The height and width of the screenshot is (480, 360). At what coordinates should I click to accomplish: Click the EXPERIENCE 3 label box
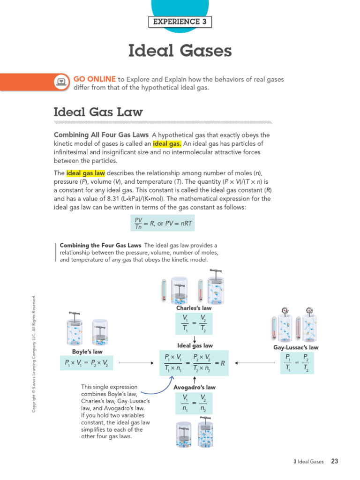click(180, 22)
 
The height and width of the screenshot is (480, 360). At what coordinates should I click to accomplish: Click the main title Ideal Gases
click(180, 51)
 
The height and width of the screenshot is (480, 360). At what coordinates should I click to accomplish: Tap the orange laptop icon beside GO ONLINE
click(61, 82)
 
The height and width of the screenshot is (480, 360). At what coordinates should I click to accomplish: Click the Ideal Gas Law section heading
click(98, 112)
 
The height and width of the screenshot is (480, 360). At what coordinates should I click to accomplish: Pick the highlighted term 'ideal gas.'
click(167, 143)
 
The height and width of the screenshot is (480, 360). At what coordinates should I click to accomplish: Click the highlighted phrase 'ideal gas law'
click(86, 173)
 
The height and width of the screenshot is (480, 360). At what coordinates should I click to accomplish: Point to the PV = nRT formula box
click(162, 223)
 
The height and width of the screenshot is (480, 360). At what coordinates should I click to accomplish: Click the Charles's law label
click(194, 308)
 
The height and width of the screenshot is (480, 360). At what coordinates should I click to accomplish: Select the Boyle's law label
click(87, 352)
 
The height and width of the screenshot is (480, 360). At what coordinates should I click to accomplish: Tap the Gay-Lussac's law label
click(296, 347)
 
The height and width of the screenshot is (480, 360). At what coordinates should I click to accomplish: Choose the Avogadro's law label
click(194, 387)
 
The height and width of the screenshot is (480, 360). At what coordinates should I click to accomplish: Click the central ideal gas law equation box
click(194, 363)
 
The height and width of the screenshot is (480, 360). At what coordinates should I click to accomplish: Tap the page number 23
click(335, 461)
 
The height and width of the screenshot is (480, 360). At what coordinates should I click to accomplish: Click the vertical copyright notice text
click(34, 354)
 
